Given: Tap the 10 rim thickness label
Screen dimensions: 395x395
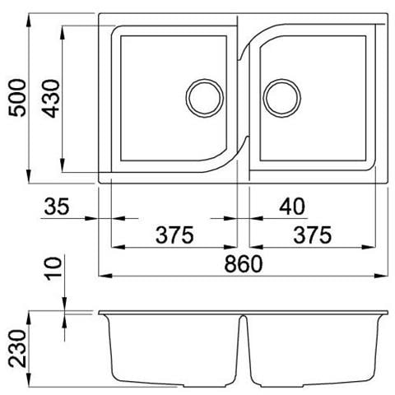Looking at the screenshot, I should pos(52,269).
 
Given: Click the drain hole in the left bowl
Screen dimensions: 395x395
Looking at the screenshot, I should pos(203,96).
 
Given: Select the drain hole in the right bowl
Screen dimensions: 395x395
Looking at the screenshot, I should pos(280,96).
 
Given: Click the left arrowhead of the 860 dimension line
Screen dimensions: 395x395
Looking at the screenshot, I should pos(104,274).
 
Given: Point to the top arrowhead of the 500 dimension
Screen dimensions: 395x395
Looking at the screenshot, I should pos(30,19).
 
